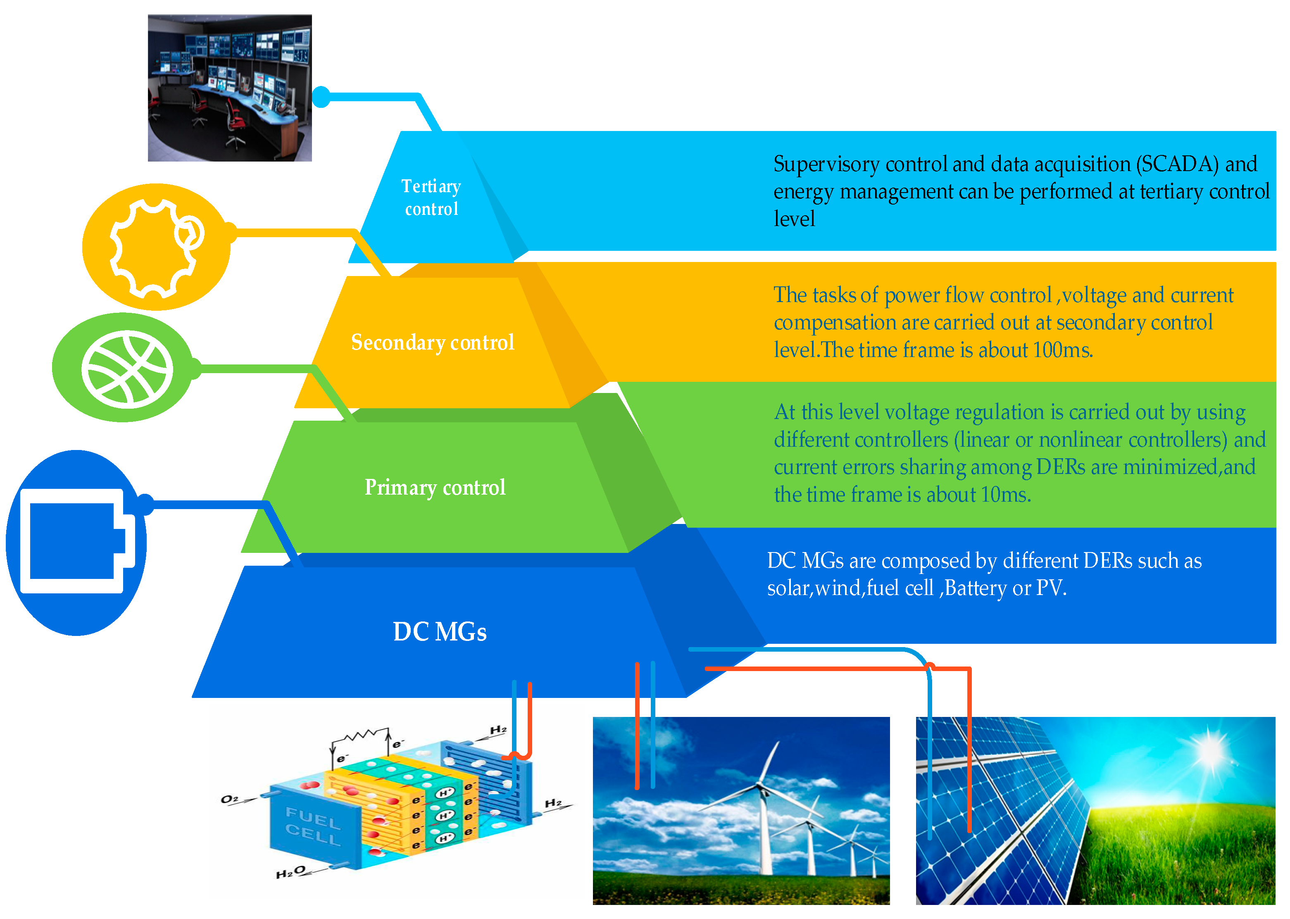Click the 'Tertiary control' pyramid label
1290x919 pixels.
(431, 197)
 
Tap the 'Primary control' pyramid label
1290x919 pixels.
(435, 487)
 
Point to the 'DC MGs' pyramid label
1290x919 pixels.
(440, 631)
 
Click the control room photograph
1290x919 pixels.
(230, 88)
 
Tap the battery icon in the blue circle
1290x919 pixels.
(76, 541)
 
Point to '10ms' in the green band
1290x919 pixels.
(1005, 495)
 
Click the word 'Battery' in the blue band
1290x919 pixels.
(976, 588)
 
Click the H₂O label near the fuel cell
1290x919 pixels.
(291, 872)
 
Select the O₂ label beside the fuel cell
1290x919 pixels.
(230, 799)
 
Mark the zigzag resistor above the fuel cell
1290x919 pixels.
(360, 736)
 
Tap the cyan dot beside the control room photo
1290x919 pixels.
(321, 97)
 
